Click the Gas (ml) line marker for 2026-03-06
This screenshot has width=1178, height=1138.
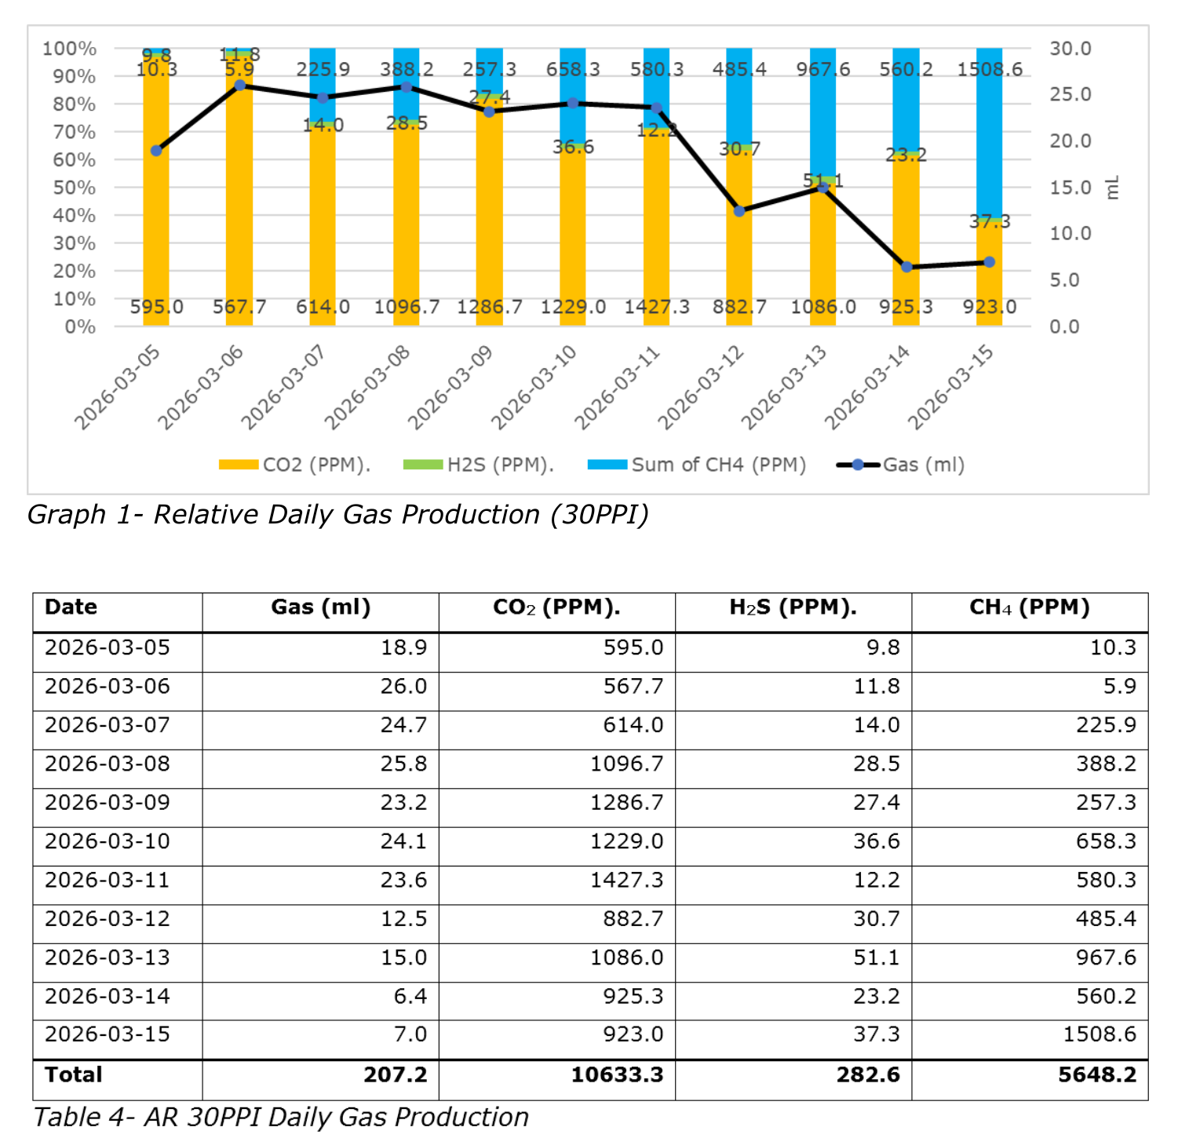(x=240, y=85)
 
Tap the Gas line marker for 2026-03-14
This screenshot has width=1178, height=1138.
(x=906, y=267)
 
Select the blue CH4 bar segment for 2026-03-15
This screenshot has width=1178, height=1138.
(x=990, y=132)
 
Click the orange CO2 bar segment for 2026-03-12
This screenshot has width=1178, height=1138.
(x=739, y=236)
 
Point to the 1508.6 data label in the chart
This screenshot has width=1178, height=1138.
(x=990, y=69)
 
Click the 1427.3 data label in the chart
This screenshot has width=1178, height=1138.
(x=657, y=307)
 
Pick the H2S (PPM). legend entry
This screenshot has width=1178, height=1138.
(x=479, y=465)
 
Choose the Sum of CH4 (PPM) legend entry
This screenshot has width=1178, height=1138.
(x=697, y=465)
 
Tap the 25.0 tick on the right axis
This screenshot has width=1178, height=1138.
(x=1070, y=94)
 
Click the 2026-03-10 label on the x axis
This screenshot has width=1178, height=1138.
(x=534, y=388)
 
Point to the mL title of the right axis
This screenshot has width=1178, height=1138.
(x=1112, y=188)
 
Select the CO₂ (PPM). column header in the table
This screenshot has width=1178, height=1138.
(x=556, y=607)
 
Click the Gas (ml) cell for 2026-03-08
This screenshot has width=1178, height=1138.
(x=403, y=764)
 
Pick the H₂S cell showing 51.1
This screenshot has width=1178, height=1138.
(x=877, y=957)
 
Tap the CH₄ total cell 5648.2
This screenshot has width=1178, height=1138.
(x=1097, y=1074)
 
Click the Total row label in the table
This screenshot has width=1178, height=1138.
(x=74, y=1074)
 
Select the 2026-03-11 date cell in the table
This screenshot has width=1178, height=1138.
(x=108, y=880)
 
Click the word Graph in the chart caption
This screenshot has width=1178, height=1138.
(x=66, y=516)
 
